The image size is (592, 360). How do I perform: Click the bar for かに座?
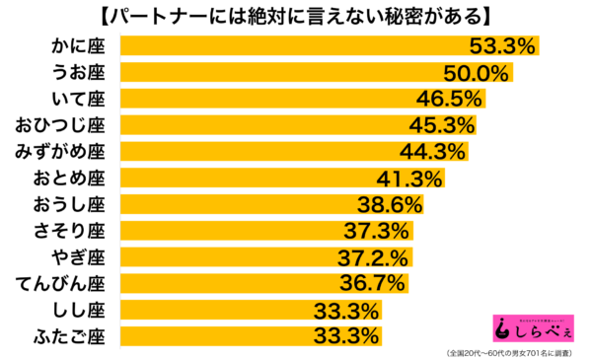296,45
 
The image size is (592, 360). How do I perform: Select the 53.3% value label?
500,45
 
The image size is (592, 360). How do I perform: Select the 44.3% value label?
432,151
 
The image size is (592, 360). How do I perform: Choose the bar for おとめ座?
247,178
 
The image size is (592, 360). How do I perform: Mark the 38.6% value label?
389,204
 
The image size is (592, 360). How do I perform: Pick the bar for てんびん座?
227,284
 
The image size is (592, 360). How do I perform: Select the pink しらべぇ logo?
532,326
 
